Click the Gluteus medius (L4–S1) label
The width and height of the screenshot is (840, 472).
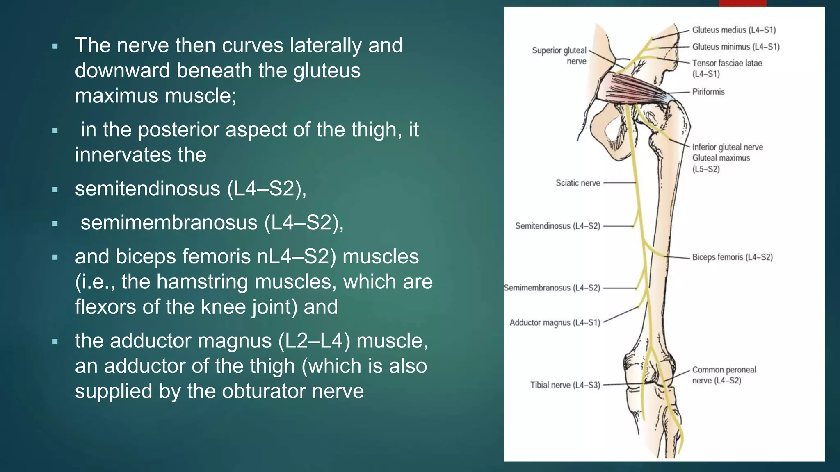[x=734, y=30]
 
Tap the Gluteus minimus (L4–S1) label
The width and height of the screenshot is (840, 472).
[x=736, y=47]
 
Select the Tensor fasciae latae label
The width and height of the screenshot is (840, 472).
[x=727, y=64]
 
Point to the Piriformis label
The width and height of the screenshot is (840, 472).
[x=708, y=92]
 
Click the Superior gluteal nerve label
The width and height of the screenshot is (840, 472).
[x=559, y=55]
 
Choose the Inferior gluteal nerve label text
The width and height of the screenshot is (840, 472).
[x=728, y=147]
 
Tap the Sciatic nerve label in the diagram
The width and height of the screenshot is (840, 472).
[x=577, y=183]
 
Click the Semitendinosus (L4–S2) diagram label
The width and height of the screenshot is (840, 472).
[x=557, y=226]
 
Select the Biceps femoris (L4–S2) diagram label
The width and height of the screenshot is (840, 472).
[x=732, y=257]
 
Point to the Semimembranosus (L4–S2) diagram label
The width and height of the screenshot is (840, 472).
[x=552, y=288]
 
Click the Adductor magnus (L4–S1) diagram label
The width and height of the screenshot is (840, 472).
[x=555, y=323]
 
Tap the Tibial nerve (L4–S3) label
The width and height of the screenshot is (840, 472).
[x=565, y=385]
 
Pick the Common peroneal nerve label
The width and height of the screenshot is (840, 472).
[x=724, y=375]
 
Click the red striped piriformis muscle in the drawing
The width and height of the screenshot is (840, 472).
[x=628, y=87]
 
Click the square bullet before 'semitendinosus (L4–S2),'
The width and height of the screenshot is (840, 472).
[x=55, y=190]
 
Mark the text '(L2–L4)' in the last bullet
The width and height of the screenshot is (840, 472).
[x=314, y=341]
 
